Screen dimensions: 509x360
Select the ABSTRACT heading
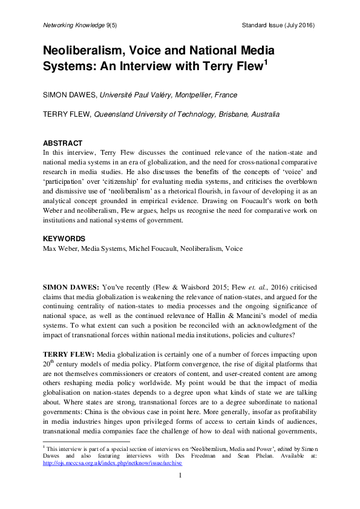click(x=62, y=143)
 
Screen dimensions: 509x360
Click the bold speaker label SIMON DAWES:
click(x=70, y=284)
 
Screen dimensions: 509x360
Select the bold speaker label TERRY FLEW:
click(x=67, y=352)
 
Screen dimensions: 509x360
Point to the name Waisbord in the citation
click(x=226, y=284)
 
